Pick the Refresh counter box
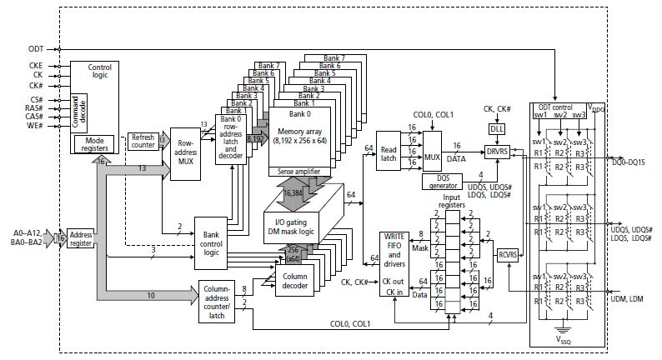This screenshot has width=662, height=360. coord(145,141)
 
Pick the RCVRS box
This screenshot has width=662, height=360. coord(508,255)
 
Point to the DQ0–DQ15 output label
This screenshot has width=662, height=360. coord(634,161)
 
